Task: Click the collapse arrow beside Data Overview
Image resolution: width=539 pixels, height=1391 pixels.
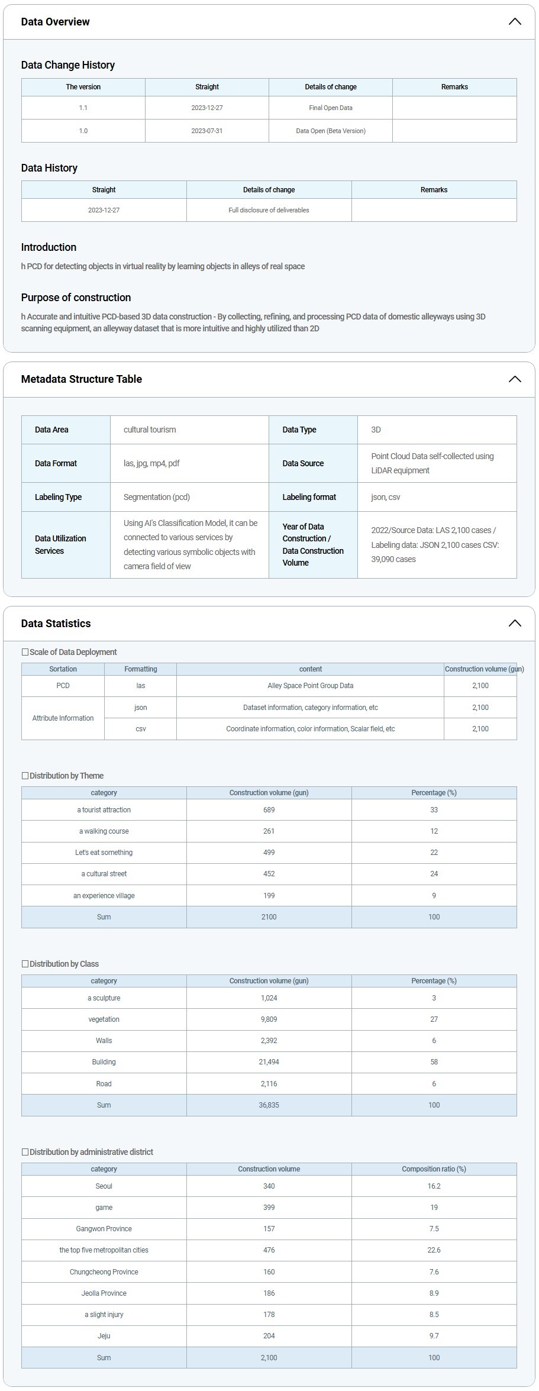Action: [515, 22]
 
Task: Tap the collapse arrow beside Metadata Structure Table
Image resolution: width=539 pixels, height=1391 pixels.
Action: [515, 379]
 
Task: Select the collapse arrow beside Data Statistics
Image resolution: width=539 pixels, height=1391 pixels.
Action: [515, 624]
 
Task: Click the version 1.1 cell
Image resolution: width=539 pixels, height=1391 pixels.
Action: [83, 108]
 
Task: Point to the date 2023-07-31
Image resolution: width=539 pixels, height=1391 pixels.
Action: [207, 131]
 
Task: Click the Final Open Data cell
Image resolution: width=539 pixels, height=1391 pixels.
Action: [331, 108]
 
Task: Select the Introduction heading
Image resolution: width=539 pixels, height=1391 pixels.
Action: [49, 247]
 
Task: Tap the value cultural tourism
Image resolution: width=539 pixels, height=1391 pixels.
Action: [150, 430]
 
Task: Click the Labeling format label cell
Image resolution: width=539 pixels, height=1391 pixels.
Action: [309, 497]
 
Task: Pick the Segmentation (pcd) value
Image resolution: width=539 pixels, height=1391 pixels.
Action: [157, 497]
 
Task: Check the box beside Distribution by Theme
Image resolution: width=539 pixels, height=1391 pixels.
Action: [25, 776]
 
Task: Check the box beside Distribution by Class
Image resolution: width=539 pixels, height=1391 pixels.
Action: [25, 964]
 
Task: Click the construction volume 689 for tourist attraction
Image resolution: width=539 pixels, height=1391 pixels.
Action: [269, 810]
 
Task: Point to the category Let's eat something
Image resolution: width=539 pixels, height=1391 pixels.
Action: [104, 853]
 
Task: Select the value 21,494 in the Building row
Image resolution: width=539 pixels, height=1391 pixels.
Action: [269, 1062]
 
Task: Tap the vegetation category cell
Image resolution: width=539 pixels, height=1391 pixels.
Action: [104, 1019]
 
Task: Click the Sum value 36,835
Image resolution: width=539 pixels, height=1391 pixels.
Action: [269, 1105]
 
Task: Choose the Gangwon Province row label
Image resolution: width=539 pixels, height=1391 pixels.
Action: [104, 1229]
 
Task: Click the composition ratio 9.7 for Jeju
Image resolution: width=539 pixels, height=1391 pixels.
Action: [434, 1336]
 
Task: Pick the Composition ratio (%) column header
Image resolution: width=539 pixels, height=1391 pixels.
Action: [434, 1169]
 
